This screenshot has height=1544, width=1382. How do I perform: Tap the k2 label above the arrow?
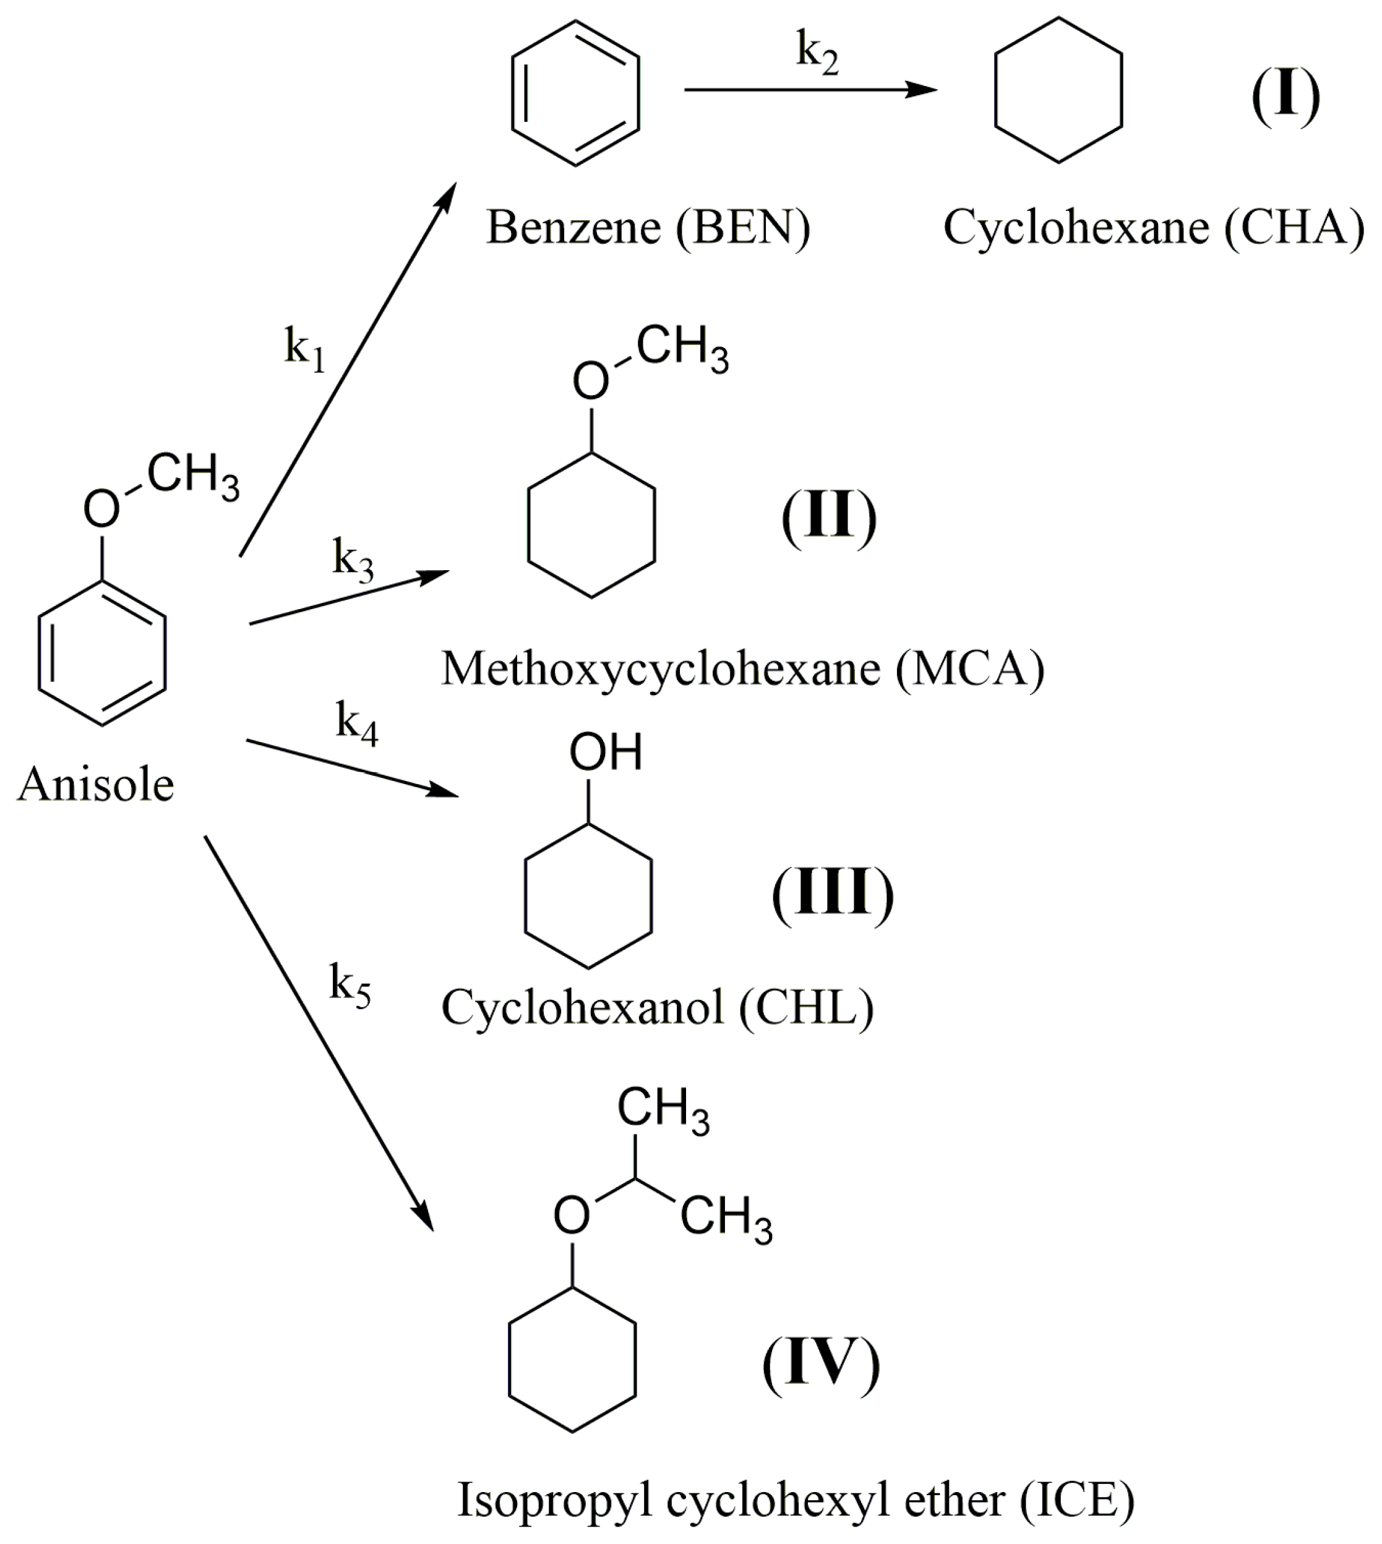point(817,54)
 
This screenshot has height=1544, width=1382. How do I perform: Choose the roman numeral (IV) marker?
point(821,1365)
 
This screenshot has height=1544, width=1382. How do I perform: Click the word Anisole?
point(96,785)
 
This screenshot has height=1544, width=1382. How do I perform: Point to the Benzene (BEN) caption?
point(648,228)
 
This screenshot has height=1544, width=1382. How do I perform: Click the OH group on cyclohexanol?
point(605,753)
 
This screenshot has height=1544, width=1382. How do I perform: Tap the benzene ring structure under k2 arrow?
point(575,93)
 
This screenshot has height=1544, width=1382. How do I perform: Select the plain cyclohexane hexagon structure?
point(1058,90)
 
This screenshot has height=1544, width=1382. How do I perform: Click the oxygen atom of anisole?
point(101,508)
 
